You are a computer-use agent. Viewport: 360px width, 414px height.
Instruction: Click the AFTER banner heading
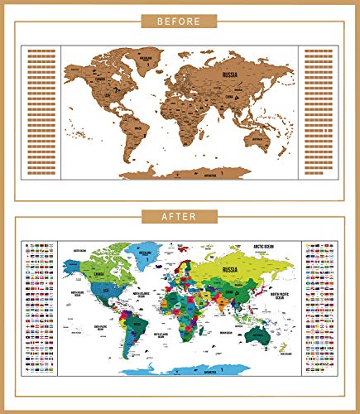[180, 216]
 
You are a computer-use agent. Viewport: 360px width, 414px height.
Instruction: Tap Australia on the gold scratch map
[263, 141]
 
